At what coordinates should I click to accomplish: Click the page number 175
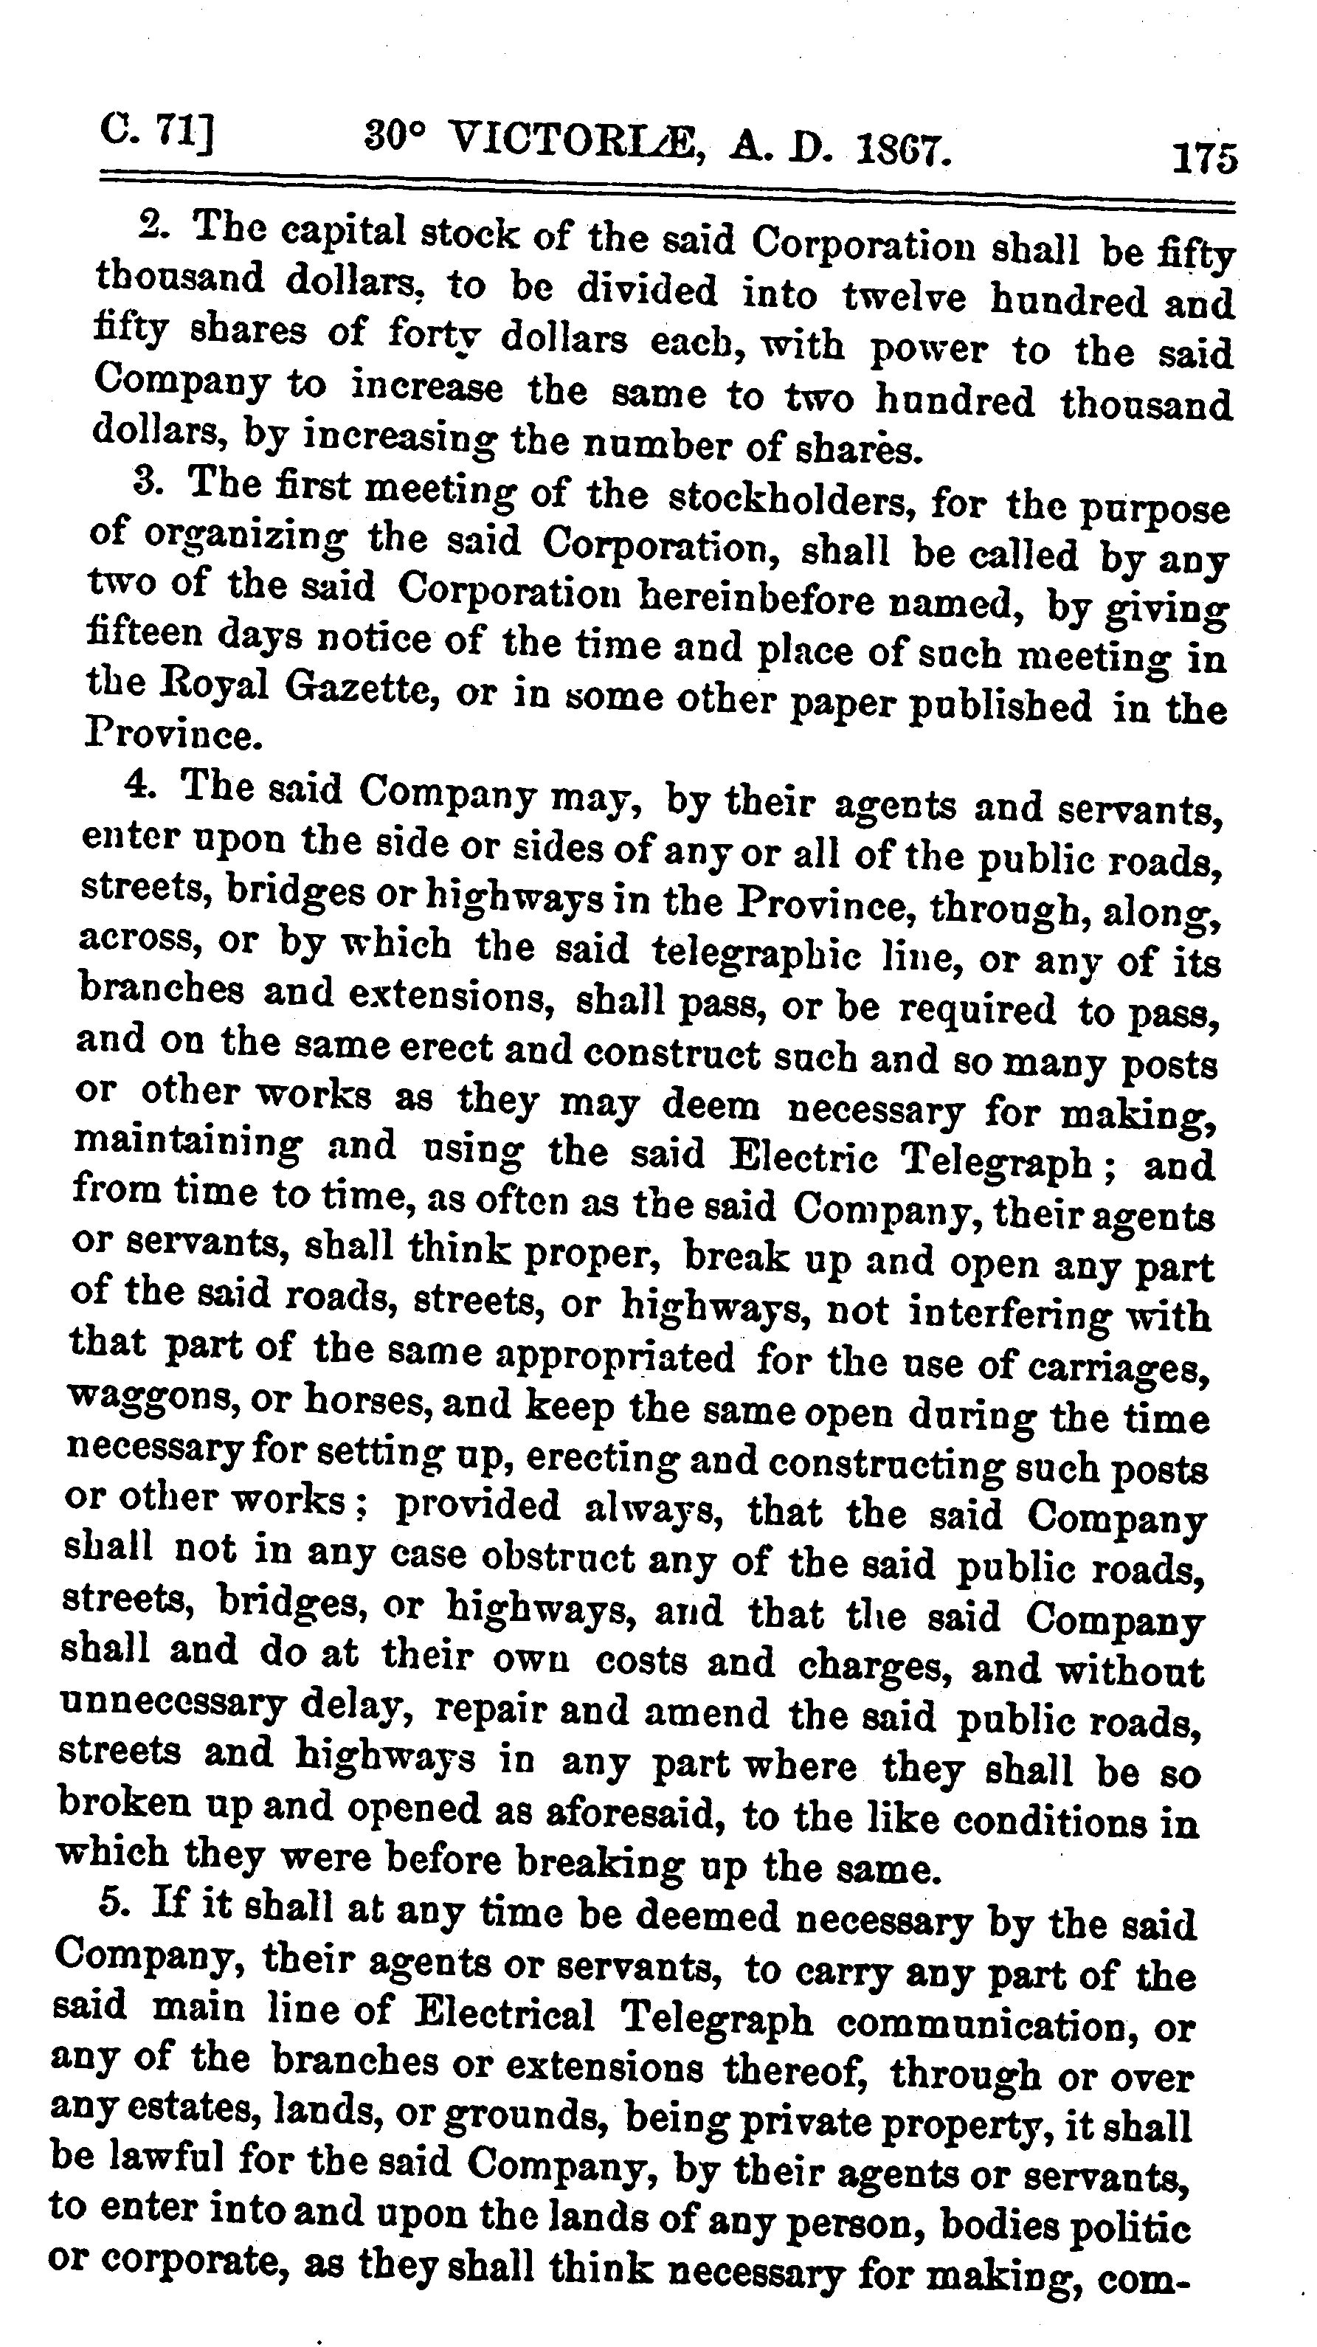1204,159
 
